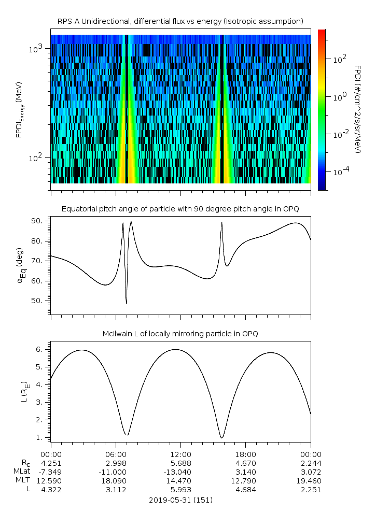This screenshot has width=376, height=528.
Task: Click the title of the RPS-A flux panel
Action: pyautogui.click(x=180, y=21)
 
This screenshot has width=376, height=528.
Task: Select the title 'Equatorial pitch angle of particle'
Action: pyautogui.click(x=180, y=209)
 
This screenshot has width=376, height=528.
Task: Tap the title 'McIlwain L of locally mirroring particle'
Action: pyautogui.click(x=180, y=334)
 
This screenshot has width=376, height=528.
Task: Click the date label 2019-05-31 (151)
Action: pyautogui.click(x=180, y=500)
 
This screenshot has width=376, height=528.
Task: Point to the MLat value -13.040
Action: pyautogui.click(x=180, y=472)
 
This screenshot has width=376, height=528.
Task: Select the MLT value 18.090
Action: pyautogui.click(x=116, y=481)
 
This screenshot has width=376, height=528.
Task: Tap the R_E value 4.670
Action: pyautogui.click(x=245, y=463)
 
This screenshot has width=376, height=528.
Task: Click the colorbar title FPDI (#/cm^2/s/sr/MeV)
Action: pyautogui.click(x=357, y=109)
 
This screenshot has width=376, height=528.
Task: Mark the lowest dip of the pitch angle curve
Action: pyautogui.click(x=127, y=304)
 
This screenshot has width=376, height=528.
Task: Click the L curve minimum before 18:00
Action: pyautogui.click(x=221, y=438)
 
